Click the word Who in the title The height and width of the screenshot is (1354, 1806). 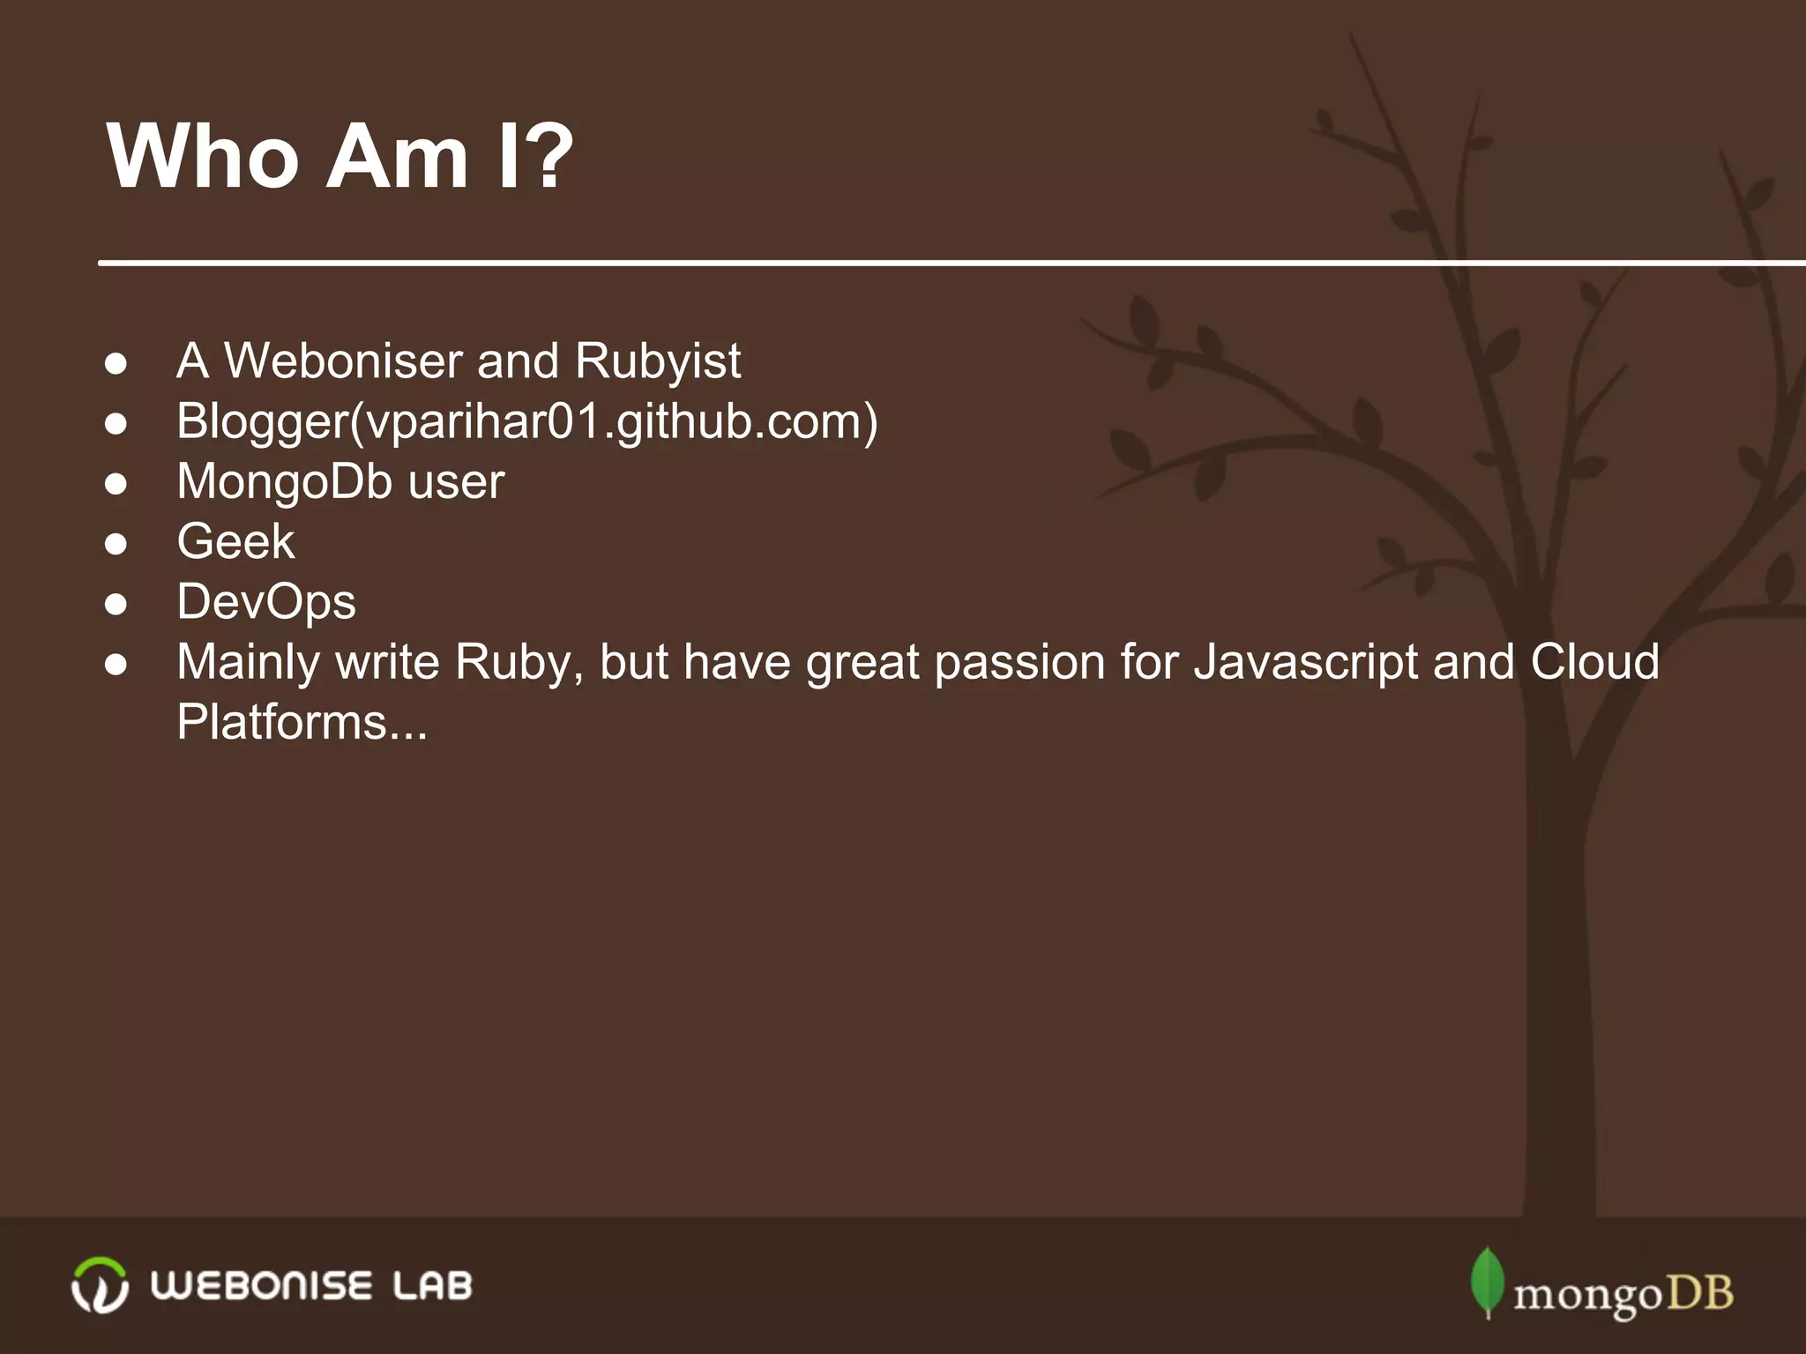click(203, 157)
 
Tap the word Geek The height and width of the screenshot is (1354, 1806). click(235, 541)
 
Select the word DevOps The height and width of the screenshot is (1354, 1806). click(265, 602)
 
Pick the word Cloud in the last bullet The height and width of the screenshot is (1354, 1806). click(1594, 662)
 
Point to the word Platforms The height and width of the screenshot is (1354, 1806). click(282, 723)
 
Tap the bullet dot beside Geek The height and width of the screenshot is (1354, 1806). click(116, 544)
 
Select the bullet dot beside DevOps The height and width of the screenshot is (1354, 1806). click(116, 605)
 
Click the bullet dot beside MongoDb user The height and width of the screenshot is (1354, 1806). click(116, 484)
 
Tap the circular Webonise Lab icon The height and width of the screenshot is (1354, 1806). click(100, 1285)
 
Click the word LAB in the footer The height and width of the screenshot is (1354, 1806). click(432, 1286)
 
